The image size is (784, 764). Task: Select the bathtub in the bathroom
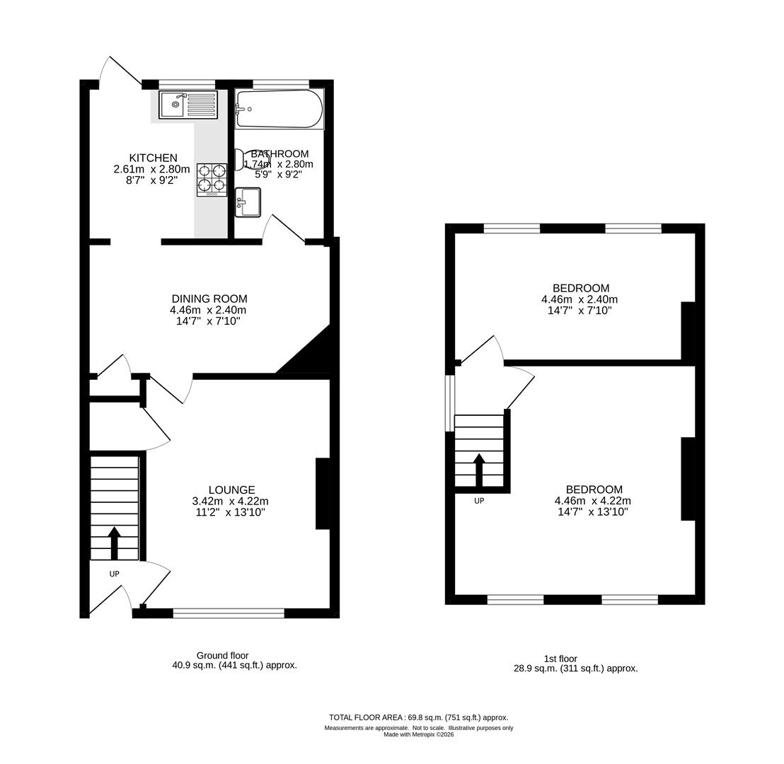coord(279,109)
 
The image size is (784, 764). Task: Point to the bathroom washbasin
coord(248,202)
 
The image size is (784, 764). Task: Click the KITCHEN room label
coord(153,158)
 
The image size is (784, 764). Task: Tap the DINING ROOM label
coord(209,299)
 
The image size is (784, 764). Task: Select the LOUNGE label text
coord(231,490)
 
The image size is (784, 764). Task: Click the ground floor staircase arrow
coord(114,542)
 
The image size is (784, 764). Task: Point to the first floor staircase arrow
coord(479,470)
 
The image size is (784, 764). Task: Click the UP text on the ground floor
coord(114,574)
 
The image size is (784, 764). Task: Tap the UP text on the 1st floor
coord(479,501)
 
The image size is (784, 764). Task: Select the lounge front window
coord(229,613)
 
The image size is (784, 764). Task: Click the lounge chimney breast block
coord(323,493)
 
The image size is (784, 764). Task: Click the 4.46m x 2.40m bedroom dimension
coord(580,299)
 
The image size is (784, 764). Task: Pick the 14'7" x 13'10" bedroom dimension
coord(593,511)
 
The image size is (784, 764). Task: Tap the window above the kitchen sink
coord(187,84)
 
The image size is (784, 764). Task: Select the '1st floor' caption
coord(560,659)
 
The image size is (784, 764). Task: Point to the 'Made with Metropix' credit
coord(418,734)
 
